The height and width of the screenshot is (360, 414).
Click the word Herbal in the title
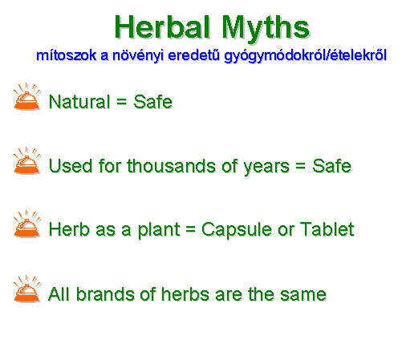point(162,27)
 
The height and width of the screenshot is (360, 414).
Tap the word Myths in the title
point(266,30)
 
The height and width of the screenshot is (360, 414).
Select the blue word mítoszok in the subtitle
point(66,55)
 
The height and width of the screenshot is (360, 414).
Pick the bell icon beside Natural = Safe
point(27,97)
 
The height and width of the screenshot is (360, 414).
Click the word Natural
point(79,102)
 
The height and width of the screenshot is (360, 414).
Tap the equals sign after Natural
point(121,102)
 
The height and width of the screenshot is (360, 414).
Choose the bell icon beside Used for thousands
point(27,160)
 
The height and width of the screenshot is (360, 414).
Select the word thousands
point(171,166)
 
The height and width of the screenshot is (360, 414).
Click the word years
point(266,167)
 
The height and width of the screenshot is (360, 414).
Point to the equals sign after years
point(301,166)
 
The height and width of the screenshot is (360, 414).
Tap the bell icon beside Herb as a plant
point(27,224)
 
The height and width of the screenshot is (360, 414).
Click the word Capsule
point(237,230)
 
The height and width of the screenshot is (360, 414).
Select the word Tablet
point(327,229)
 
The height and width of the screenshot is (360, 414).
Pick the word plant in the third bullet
point(159,230)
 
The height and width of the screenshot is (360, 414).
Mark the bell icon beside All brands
point(27,289)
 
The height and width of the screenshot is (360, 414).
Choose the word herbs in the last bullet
point(185,294)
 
